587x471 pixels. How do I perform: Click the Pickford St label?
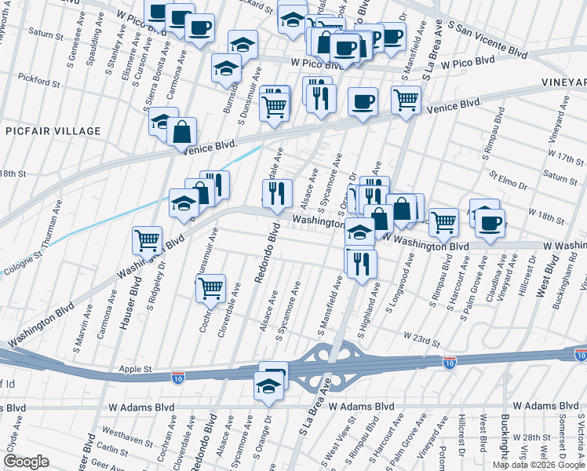pyautogui.click(x=39, y=81)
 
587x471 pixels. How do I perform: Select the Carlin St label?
pyautogui.click(x=113, y=450)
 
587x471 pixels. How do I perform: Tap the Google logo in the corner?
pyautogui.click(x=26, y=462)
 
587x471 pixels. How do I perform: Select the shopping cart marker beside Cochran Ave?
pyautogui.click(x=210, y=288)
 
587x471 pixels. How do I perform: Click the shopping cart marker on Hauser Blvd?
pyautogui.click(x=147, y=239)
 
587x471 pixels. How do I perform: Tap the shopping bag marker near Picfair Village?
pyautogui.click(x=181, y=131)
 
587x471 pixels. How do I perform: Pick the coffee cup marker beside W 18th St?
pyautogui.click(x=490, y=223)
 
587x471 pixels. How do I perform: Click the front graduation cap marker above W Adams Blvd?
pyautogui.click(x=268, y=385)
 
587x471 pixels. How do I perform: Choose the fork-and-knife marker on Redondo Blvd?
pyautogui.click(x=275, y=193)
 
